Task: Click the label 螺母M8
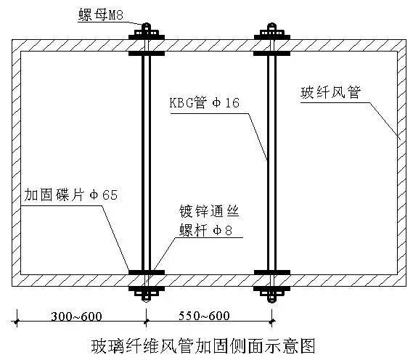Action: [101, 15]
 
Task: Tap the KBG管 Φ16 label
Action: [205, 103]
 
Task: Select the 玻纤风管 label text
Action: [330, 92]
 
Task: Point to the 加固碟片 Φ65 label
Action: [71, 195]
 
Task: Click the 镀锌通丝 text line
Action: [209, 211]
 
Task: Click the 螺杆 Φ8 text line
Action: [205, 230]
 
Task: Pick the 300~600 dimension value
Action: [76, 316]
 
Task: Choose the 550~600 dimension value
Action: [204, 316]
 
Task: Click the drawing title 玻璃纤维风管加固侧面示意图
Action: [203, 346]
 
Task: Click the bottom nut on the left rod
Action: [147, 295]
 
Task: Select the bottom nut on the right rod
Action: [272, 295]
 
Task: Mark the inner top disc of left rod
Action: [147, 54]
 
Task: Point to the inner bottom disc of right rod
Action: [272, 272]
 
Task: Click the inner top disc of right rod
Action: [272, 54]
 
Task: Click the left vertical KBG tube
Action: [147, 163]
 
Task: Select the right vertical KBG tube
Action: [272, 163]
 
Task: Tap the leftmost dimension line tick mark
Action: [17, 322]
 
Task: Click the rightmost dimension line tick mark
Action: [272, 321]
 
